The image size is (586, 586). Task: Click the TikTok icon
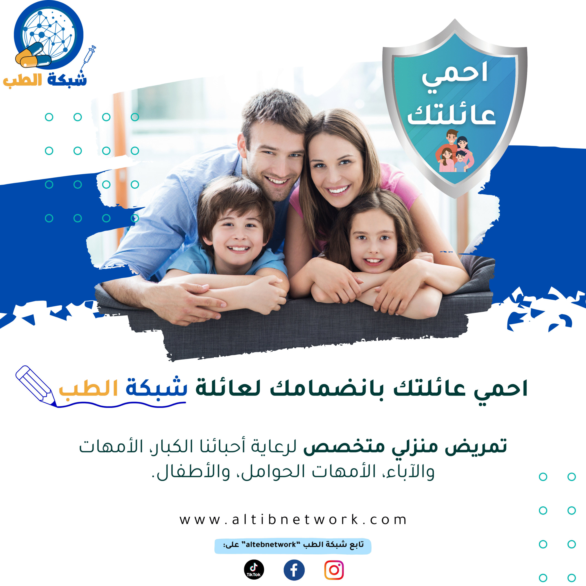click(x=254, y=569)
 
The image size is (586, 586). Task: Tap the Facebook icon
click(x=294, y=570)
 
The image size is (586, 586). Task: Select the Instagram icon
click(x=334, y=570)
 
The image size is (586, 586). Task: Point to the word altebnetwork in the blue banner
click(x=271, y=544)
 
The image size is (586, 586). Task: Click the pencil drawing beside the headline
click(x=36, y=385)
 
